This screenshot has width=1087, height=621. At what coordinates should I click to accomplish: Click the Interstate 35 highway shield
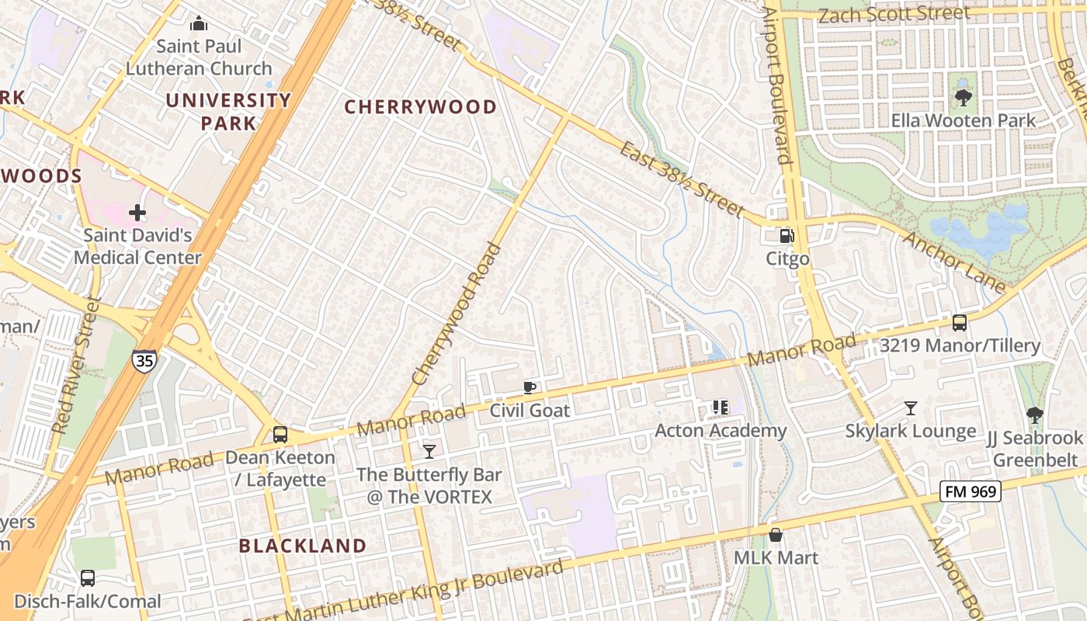point(144,360)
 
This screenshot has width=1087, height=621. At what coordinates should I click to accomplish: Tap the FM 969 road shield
point(970,491)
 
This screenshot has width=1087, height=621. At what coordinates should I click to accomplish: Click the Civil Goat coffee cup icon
point(530,387)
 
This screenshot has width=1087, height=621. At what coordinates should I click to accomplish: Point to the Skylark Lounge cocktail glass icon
point(910,408)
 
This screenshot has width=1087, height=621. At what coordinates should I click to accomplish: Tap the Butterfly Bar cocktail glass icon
point(429,451)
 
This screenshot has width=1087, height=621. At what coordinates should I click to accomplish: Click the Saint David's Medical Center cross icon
point(137,212)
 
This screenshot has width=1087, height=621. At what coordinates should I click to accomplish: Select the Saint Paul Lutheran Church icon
point(199,23)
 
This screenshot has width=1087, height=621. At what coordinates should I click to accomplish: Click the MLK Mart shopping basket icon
point(775,535)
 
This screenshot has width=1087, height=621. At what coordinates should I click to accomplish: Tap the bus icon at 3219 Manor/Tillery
point(960,323)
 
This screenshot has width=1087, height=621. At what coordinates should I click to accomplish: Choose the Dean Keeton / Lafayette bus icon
point(280,435)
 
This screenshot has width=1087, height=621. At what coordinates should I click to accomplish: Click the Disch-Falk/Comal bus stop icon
point(88,578)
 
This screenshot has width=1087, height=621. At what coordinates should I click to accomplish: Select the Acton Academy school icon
point(720,408)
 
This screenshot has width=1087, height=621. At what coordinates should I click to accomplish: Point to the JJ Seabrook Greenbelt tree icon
point(1034,415)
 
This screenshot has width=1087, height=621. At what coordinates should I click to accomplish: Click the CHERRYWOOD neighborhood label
point(420,107)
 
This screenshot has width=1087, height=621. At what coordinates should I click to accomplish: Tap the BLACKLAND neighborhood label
point(302,546)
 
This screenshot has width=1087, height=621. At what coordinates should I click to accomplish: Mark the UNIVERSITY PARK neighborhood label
point(228,111)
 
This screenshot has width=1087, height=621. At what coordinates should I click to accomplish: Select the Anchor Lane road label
point(954,261)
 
